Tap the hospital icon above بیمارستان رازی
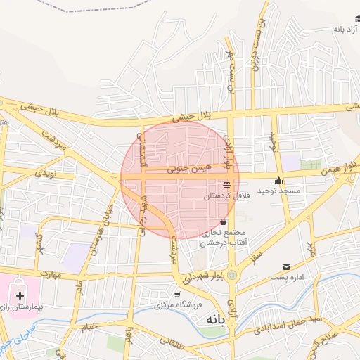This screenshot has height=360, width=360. point(19,295)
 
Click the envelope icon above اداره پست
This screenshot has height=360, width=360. point(286,267)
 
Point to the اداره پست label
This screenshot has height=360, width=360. point(289,278)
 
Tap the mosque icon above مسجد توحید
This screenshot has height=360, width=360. point(278,180)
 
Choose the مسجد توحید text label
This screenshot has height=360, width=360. point(278,191)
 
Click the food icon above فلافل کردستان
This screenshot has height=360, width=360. point(226,186)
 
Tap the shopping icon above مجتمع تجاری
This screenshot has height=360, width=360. point(223,223)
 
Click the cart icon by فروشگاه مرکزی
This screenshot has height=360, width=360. point(177,294)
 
